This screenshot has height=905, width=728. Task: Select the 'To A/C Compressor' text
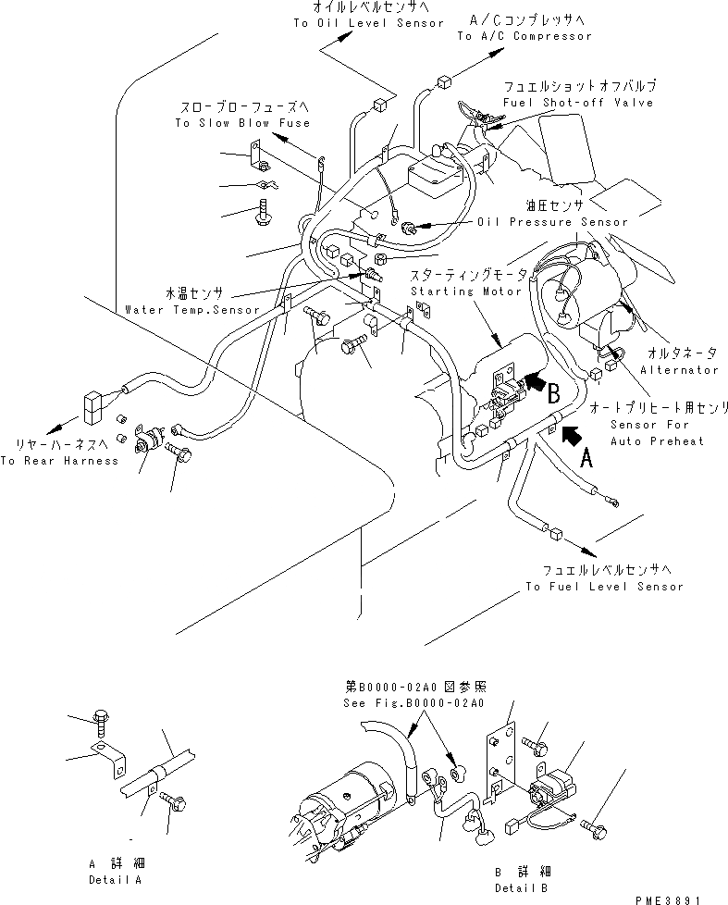pos(524,36)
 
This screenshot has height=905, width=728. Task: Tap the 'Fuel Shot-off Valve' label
pos(578,102)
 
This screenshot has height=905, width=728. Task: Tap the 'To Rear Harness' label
pos(59,460)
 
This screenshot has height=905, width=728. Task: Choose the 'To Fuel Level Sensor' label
pos(604,586)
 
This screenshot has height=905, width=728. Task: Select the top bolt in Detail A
pos(101,717)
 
